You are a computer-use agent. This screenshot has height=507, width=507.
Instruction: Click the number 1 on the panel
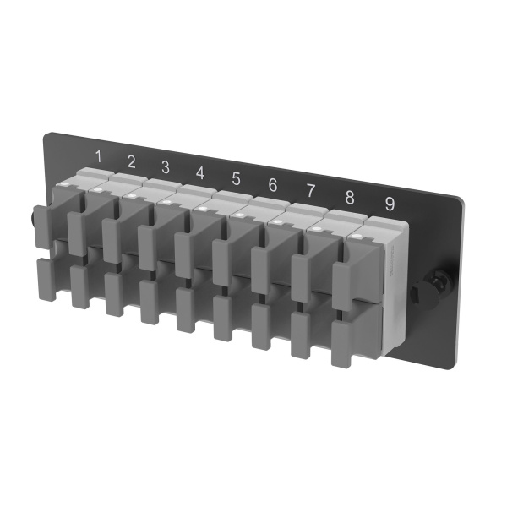[99, 155]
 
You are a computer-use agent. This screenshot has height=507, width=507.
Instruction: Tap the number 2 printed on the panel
[131, 161]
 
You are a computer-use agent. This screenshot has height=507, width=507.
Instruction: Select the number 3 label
[166, 166]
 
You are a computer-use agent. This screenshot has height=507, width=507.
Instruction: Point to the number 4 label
[200, 172]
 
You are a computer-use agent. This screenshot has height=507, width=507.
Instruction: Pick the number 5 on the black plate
[236, 178]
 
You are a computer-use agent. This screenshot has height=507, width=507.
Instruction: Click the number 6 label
[272, 184]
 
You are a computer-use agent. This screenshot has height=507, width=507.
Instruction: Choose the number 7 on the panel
[310, 190]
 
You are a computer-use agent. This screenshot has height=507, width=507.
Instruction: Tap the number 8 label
[349, 197]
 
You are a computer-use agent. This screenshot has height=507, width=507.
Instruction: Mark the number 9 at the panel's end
[389, 204]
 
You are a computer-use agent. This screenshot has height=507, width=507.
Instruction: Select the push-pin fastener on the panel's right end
[420, 290]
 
